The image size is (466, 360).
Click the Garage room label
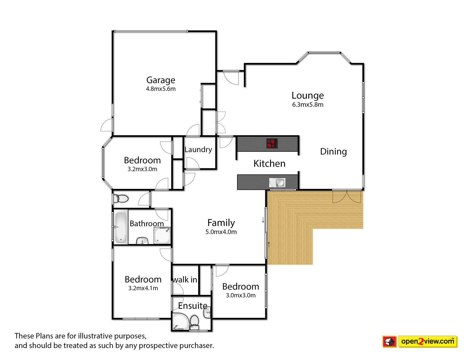coord(161,80)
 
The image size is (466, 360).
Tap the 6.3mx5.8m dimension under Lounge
coord(308,105)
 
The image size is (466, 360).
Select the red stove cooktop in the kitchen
coord(272,143)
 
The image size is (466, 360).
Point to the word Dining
coord(333,151)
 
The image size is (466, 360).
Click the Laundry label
coord(198,149)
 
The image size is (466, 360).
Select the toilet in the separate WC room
coord(121,199)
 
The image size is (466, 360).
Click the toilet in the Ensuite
coord(194,322)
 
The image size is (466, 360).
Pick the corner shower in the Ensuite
coord(180,321)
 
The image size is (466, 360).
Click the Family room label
coord(221,223)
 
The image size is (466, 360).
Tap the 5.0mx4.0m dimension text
coord(221,232)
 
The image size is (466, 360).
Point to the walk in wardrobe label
coord(185,280)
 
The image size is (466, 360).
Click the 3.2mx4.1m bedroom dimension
coord(143,288)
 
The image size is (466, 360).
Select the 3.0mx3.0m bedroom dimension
coord(241,295)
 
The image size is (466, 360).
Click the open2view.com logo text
coord(428,341)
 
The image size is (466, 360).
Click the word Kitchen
coord(269,163)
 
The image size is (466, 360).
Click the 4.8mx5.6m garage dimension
coord(161,89)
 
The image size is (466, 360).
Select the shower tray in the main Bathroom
coord(162,235)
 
